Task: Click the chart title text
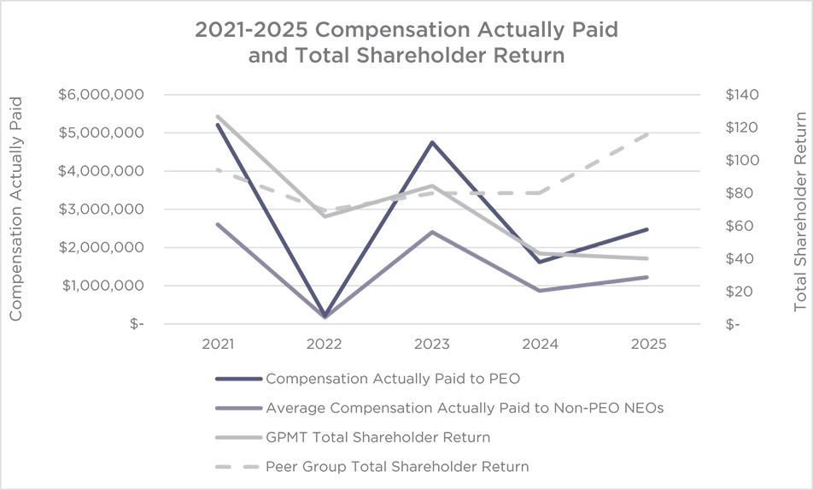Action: click(406, 43)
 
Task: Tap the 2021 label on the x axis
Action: click(218, 344)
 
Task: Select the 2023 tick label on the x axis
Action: click(432, 344)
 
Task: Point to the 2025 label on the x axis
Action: click(647, 344)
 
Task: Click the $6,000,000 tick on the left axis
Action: click(100, 95)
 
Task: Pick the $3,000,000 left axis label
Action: click(100, 210)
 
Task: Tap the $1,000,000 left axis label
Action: click(100, 286)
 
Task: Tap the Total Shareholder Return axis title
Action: click(800, 210)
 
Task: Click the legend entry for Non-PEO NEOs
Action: click(465, 408)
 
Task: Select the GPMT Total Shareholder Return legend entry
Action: click(377, 437)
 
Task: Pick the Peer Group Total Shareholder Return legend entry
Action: click(397, 467)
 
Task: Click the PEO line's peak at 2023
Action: click(432, 142)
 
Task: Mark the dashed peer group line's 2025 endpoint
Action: click(646, 134)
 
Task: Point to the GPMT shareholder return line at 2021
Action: click(218, 116)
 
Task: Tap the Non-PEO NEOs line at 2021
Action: click(218, 224)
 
